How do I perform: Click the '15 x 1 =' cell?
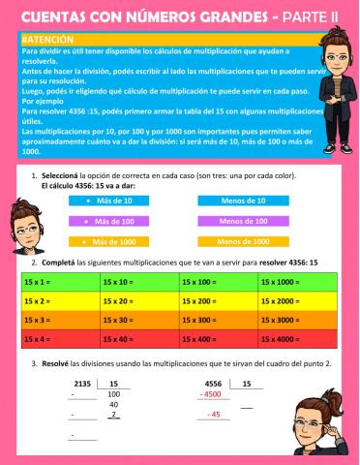[x=59, y=281]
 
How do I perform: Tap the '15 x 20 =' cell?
[x=138, y=300]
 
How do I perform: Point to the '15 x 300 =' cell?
[x=218, y=320]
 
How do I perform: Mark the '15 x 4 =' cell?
[x=59, y=339]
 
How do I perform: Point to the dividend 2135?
[x=81, y=384]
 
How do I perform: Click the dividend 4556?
[x=214, y=384]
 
